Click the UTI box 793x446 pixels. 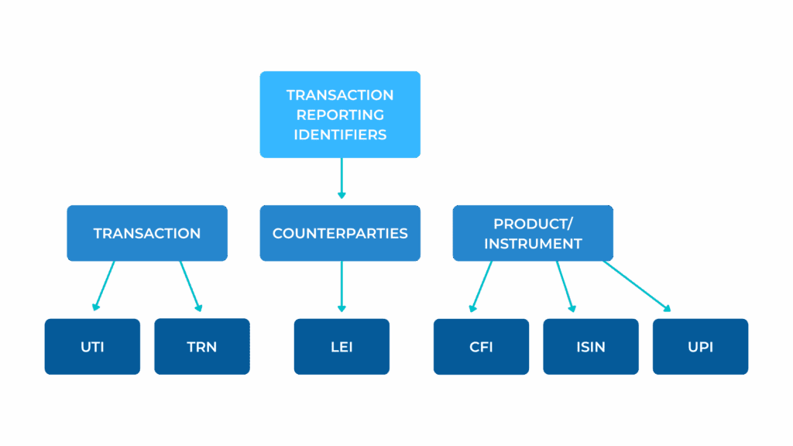(x=93, y=346)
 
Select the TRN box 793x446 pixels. (x=202, y=346)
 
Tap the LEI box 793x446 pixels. (x=342, y=346)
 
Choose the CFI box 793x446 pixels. (x=481, y=346)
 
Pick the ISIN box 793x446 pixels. (x=591, y=346)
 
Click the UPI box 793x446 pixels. (x=700, y=346)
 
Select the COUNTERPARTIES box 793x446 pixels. (x=340, y=233)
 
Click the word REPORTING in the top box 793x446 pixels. (x=340, y=115)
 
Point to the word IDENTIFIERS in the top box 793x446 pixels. (x=340, y=135)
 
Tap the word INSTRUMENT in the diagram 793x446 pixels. (x=533, y=244)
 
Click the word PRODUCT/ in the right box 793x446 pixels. (x=533, y=224)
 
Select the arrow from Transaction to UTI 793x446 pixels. (x=105, y=286)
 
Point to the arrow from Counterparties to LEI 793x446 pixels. (x=342, y=286)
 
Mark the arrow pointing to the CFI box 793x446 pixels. (x=481, y=286)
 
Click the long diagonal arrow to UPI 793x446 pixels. (x=637, y=286)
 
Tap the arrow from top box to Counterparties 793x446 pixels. (x=342, y=178)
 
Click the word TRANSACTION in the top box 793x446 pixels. (x=340, y=95)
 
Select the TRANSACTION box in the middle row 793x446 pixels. (x=147, y=233)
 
